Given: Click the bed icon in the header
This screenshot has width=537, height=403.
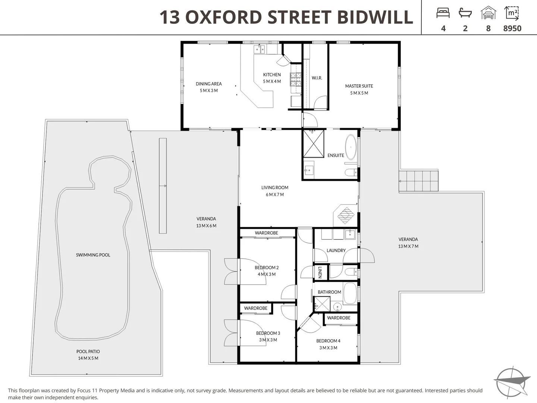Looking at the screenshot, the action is click(443, 13).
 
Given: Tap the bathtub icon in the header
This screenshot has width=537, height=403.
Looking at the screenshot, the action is click(465, 13).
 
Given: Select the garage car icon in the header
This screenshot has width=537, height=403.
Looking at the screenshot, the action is click(488, 13).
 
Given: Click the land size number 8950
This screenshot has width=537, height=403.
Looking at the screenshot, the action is click(512, 28).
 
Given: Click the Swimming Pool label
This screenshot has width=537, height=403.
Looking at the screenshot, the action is click(93, 255).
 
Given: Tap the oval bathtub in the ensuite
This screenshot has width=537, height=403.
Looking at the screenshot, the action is click(351, 147).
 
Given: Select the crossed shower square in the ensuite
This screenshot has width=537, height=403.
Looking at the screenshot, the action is click(314, 144).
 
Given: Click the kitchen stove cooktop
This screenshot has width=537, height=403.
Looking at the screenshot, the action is click(296, 79).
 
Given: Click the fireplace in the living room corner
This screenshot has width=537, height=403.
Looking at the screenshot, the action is click(346, 215).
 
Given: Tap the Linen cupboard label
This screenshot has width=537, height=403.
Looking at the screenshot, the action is click(320, 272).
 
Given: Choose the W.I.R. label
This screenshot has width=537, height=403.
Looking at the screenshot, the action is click(317, 78).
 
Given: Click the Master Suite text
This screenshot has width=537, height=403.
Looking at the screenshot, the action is click(359, 86).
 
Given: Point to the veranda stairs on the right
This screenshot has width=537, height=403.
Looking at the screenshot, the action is click(418, 181).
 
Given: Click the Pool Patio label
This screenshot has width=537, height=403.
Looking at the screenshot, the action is click(88, 352).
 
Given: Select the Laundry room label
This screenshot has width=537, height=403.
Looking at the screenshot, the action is click(336, 250).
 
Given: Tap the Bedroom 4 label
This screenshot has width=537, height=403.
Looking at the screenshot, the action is click(328, 341).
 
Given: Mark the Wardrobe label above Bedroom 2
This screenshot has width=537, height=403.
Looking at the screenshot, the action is click(266, 233).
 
